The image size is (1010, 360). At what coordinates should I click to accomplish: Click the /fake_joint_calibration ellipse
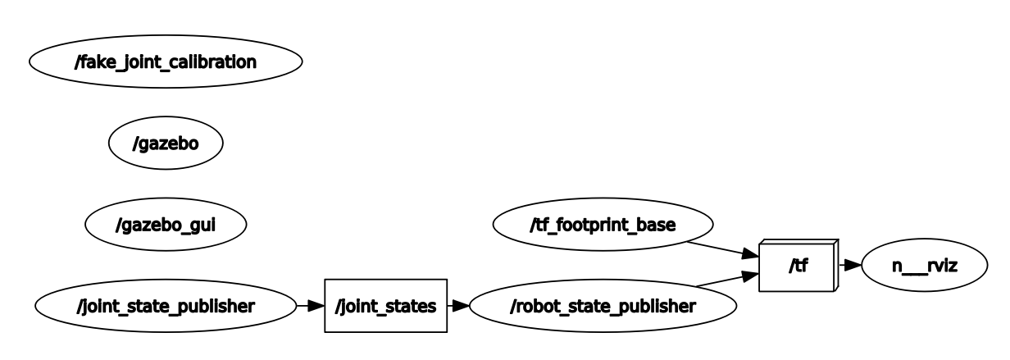166,62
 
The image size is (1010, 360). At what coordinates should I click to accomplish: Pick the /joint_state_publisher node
166,306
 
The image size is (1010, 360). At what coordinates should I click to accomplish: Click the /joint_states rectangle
385,306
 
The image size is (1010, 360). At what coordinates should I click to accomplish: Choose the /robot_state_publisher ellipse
603,306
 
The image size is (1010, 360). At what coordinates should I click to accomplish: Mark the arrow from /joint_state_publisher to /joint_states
309,306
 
